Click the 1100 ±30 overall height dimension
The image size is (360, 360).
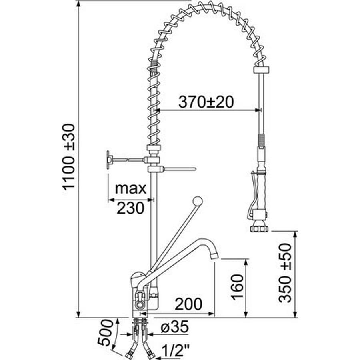coord(69,157)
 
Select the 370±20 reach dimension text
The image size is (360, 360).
coord(206,102)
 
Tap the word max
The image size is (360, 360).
coord(130,188)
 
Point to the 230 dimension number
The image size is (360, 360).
coord(130,208)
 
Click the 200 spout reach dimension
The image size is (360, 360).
coord(188,304)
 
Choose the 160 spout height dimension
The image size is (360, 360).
coord(237,287)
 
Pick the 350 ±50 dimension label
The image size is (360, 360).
coord(285,273)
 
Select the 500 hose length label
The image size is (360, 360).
coord(106,332)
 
